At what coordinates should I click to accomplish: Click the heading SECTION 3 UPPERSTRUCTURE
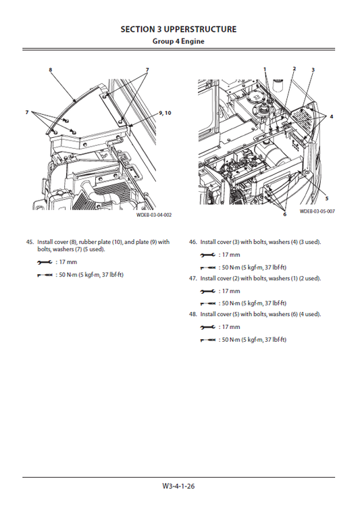178,29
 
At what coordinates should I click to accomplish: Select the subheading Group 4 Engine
178,41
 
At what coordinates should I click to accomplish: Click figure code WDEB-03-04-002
154,215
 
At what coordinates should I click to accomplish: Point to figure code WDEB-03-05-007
317,211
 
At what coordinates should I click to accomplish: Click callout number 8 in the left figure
50,70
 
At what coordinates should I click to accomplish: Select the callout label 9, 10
165,112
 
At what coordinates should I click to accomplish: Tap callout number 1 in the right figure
265,69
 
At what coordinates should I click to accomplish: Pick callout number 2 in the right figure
294,69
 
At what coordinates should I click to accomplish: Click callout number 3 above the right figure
313,70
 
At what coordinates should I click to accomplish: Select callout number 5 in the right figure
327,199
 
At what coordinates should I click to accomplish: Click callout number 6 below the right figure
284,214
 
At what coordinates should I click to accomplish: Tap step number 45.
29,242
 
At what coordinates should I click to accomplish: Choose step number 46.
193,242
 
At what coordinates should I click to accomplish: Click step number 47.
193,278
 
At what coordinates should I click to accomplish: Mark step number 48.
193,315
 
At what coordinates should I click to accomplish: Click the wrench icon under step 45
44,261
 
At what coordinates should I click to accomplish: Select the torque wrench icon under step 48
209,340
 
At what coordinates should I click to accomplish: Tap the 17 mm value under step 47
231,291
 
